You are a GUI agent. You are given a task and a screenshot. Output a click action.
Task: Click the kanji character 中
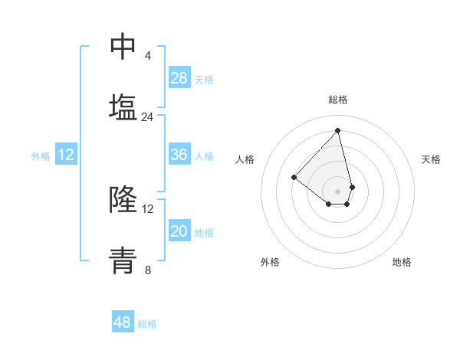[123, 45]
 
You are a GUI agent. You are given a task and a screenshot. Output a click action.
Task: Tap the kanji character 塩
[123, 106]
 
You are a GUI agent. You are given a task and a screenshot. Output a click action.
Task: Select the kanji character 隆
[123, 199]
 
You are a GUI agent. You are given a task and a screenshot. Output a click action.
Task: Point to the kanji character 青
[123, 260]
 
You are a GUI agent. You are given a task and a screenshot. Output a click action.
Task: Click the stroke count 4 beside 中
[148, 56]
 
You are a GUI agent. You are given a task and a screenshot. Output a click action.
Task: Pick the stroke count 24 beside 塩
[148, 117]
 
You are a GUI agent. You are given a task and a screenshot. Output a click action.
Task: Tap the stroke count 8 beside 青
[148, 270]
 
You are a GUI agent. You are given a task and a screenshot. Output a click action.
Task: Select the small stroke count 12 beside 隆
[148, 209]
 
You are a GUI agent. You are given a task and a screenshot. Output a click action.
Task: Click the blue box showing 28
[179, 78]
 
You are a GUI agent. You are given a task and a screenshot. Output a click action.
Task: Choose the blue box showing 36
[179, 155]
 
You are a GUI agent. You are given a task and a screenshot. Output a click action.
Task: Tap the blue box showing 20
[179, 231]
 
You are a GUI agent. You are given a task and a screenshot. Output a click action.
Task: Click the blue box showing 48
[123, 322]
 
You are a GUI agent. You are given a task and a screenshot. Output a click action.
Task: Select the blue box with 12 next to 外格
[66, 155]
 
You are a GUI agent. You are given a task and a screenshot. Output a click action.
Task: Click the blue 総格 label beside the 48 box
[147, 324]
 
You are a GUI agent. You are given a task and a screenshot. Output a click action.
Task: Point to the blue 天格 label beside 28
[204, 80]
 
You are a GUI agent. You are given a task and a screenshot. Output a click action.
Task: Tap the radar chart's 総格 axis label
[338, 100]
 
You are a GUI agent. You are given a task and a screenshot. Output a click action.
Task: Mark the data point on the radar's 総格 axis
[338, 131]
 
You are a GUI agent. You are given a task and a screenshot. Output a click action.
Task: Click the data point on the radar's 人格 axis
[294, 177]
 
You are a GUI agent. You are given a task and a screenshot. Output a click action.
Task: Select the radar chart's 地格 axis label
[402, 263]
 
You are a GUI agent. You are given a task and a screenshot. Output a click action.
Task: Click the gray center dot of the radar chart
[338, 191]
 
